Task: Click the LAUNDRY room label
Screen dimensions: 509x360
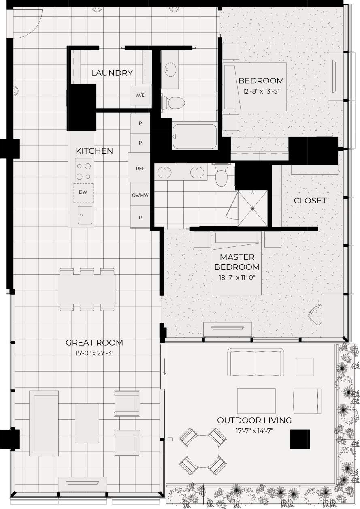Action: (112, 73)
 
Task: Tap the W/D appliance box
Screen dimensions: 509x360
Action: (140, 96)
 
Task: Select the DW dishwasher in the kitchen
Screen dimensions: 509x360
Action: (83, 193)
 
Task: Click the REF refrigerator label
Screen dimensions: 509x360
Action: (140, 169)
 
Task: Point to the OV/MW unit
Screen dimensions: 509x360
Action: (140, 195)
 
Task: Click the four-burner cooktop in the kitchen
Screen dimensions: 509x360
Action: (83, 171)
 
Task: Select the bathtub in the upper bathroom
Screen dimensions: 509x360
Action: (194, 136)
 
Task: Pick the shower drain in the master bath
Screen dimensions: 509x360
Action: (253, 208)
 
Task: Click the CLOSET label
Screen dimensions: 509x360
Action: (310, 201)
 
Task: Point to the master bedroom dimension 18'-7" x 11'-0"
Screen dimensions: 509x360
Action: (237, 278)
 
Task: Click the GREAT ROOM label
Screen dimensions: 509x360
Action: (94, 343)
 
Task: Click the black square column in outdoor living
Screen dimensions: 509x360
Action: (300, 439)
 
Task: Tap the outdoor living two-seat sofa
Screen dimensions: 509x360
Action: (256, 359)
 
